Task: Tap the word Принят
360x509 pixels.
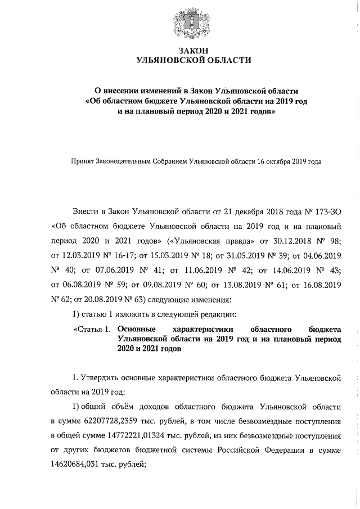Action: tap(82, 161)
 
